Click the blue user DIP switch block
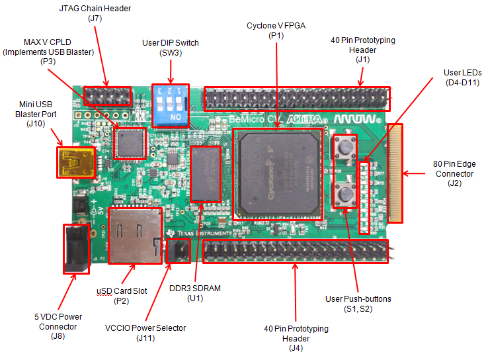click(170, 105)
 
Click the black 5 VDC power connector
click(75, 248)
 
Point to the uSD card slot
click(135, 235)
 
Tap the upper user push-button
click(344, 146)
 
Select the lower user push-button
click(345, 194)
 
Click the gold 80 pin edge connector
click(396, 173)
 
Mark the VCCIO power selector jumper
click(177, 250)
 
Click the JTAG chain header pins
click(107, 97)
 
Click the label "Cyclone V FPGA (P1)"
click(275, 30)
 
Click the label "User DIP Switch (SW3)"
click(171, 48)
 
